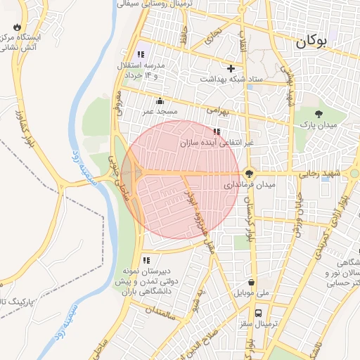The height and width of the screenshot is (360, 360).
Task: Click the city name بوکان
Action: coord(311,41)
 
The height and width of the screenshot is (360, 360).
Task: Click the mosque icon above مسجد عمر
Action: coord(160,101)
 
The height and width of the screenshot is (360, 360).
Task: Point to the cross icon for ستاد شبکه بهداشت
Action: coord(231,68)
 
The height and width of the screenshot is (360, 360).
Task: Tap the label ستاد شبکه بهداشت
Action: coord(231,79)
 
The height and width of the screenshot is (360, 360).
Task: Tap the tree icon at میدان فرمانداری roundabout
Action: coord(249,173)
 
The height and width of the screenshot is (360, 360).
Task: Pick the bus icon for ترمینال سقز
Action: coord(259,313)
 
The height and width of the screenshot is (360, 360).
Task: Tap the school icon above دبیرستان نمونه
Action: coord(146,259)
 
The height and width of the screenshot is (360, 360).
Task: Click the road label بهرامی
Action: coord(218,110)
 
